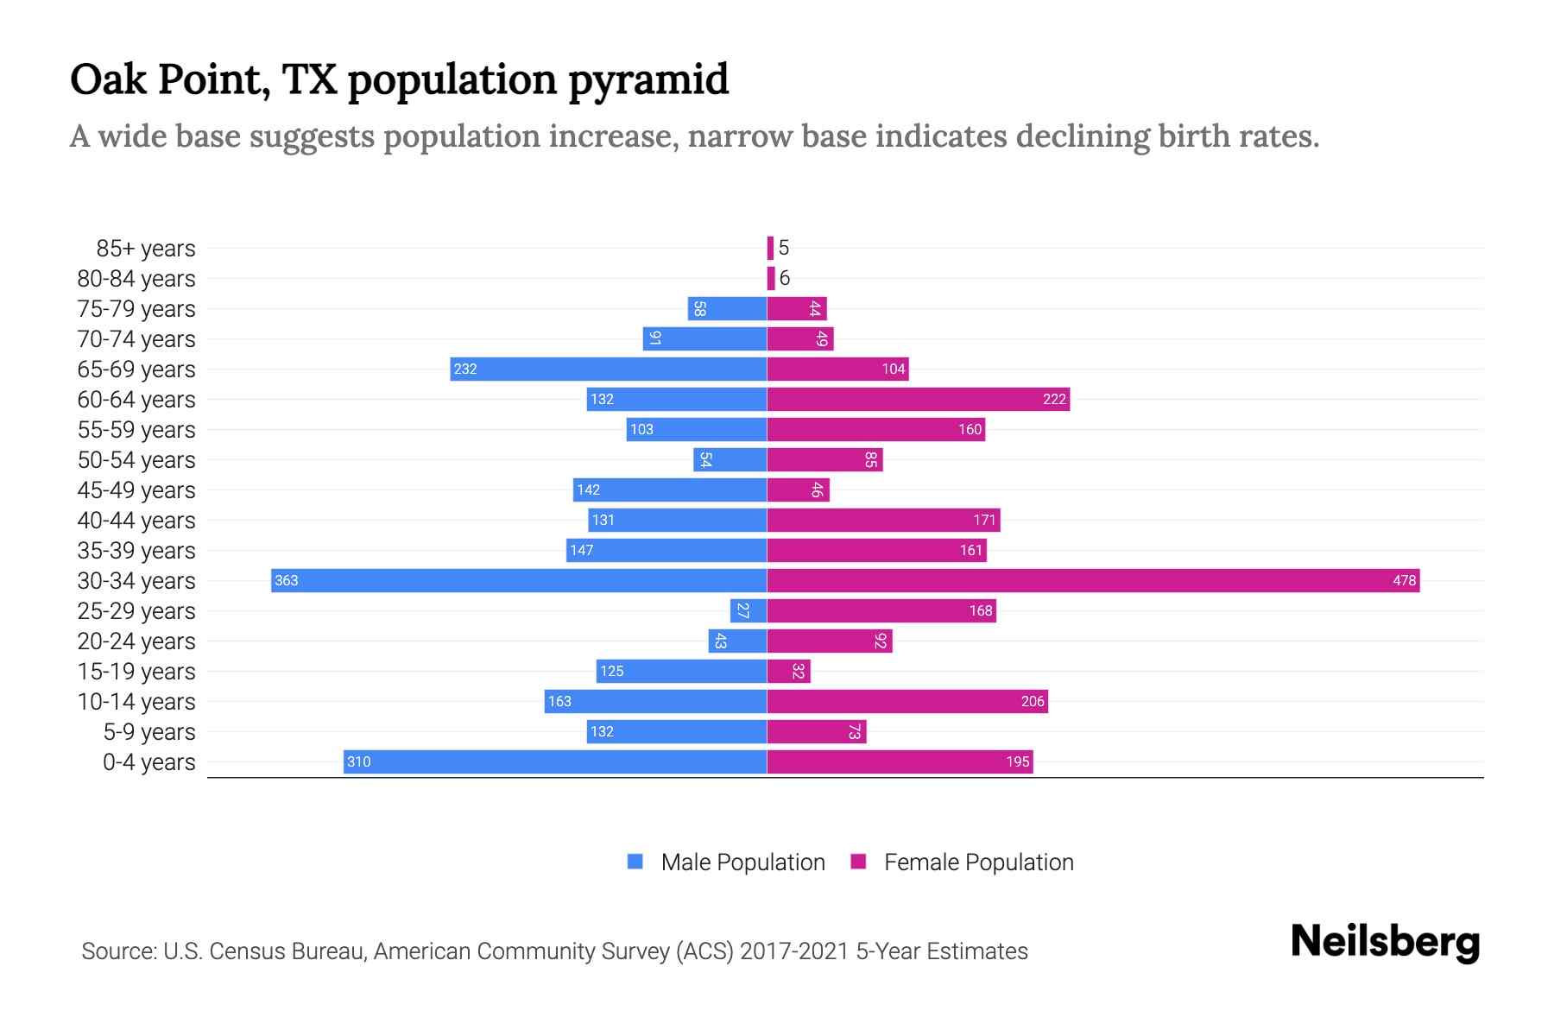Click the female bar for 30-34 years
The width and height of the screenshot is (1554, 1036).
(1092, 580)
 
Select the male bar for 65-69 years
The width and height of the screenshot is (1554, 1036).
(609, 369)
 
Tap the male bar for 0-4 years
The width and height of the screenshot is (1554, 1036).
(555, 761)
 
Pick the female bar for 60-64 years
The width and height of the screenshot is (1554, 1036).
(918, 399)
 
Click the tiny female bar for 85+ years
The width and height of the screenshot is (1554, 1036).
(770, 248)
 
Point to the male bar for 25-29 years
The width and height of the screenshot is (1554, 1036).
(748, 610)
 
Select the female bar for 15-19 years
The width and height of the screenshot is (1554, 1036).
(788, 671)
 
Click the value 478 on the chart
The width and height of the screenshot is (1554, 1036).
(1404, 580)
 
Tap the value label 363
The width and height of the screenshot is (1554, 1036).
(286, 580)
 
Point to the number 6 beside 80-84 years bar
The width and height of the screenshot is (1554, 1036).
(784, 278)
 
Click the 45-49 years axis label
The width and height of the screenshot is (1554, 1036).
(136, 490)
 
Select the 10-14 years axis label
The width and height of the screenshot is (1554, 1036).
(136, 702)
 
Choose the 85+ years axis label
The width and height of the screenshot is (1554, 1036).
(146, 249)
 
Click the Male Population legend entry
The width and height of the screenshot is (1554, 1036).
(742, 862)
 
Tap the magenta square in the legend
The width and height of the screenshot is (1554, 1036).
(858, 862)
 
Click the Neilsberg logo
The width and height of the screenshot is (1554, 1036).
(1384, 942)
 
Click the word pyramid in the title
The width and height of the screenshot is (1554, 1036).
(648, 79)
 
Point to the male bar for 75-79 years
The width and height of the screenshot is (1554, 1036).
(727, 308)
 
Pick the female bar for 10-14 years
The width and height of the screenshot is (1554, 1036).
(906, 701)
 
